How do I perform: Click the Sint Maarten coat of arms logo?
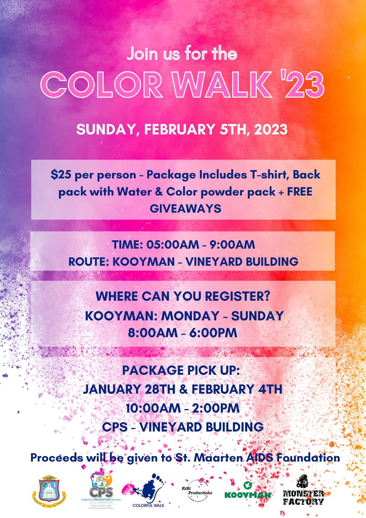[x=49, y=491]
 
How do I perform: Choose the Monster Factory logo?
[x=303, y=490]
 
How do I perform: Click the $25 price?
[x=61, y=175]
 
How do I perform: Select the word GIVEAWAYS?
[x=186, y=209]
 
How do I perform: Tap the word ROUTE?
[x=89, y=262]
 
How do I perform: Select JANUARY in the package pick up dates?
[x=112, y=389]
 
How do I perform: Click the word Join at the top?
[x=142, y=54]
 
